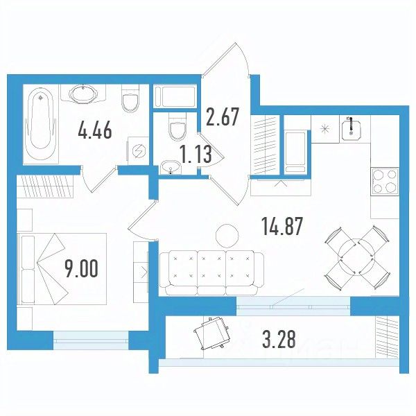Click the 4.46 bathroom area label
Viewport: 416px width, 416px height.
95,130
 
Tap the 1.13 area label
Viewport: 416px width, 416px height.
196,154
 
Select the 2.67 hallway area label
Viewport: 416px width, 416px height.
223,116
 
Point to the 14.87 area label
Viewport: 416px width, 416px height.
282,226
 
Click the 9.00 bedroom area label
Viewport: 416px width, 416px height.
81,268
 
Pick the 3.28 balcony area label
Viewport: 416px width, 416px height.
279,339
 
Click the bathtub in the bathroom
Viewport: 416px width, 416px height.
41,123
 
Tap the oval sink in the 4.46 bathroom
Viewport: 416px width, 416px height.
83,93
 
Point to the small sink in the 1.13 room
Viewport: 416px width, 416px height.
171,167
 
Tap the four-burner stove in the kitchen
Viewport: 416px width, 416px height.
384,182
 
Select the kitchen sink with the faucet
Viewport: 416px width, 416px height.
351,130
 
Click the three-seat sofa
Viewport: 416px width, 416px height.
211,273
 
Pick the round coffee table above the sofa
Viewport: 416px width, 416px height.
227,235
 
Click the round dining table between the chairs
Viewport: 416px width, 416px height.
356,257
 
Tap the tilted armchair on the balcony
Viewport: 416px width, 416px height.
212,334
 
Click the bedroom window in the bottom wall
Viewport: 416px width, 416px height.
91,340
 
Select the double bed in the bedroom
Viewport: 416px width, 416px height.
62,269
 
